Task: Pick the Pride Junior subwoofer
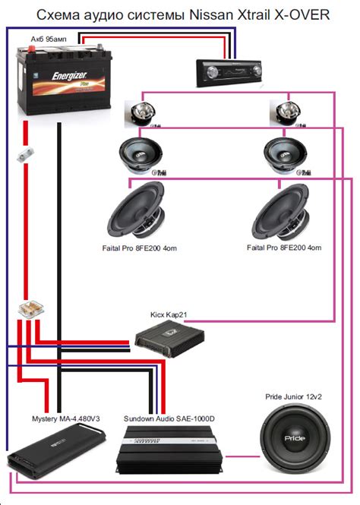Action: click(297, 439)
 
